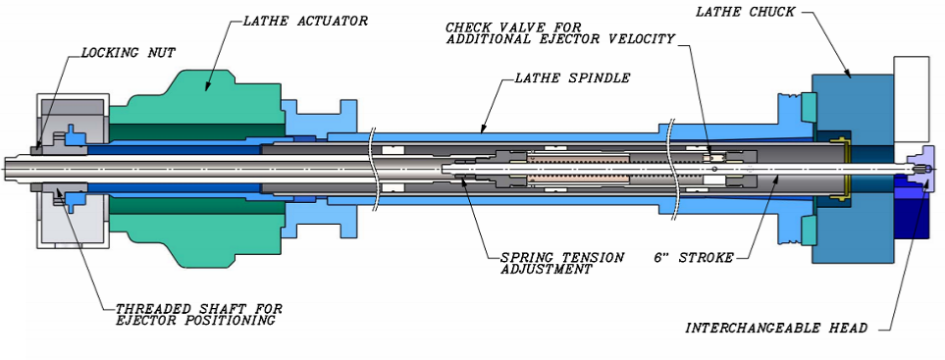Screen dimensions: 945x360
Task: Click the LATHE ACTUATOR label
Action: coord(305,21)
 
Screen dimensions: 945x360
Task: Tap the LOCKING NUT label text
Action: coord(129,53)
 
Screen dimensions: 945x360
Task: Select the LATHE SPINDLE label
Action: coord(572,77)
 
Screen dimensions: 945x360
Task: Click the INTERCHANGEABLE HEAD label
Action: coord(775,328)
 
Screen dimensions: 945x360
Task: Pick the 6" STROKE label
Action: coord(694,258)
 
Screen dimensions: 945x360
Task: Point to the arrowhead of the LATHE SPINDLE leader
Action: coord(483,128)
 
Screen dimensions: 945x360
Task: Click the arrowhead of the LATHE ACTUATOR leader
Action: coord(206,88)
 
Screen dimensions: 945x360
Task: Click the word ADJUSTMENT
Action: coord(546,270)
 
